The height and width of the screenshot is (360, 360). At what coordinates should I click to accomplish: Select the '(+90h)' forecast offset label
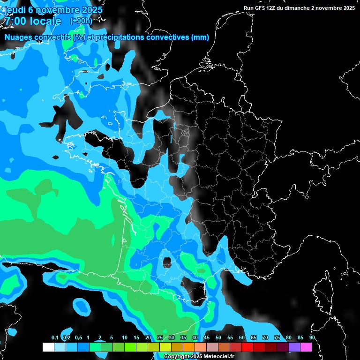point(81,21)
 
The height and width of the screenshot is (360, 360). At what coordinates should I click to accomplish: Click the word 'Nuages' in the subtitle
point(18,37)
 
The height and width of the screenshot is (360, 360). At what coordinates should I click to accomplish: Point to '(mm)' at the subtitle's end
point(200,37)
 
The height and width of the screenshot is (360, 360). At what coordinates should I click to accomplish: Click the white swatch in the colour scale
point(48,347)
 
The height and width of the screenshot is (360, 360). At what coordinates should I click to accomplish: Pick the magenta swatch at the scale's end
point(306,347)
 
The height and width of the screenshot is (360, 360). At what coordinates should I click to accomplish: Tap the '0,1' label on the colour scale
point(55,338)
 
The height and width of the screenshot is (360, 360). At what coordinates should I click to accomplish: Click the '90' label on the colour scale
point(312,338)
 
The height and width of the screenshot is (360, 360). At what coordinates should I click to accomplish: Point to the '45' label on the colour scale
point(207,338)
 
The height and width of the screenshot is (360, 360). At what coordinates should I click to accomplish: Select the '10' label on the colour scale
point(125,338)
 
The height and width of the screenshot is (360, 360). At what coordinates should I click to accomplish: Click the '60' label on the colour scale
point(242,338)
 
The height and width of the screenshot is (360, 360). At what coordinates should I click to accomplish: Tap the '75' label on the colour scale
point(277,338)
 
